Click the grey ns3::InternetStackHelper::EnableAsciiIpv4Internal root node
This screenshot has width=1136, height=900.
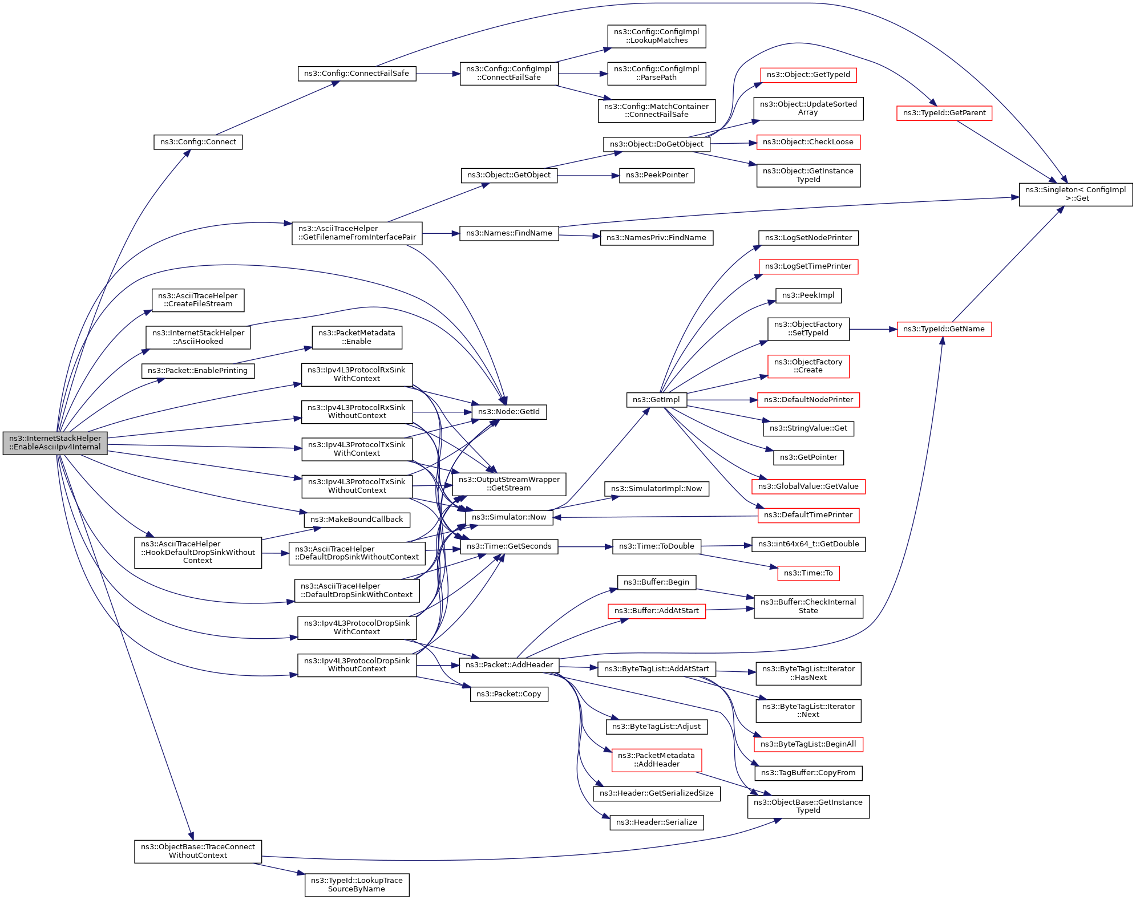pyautogui.click(x=55, y=443)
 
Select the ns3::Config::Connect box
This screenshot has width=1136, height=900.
pyautogui.click(x=198, y=142)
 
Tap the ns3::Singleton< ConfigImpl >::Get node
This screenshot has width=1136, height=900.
pyautogui.click(x=1076, y=194)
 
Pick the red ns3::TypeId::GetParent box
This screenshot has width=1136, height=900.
pyautogui.click(x=944, y=113)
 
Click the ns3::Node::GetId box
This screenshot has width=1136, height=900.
pyautogui.click(x=509, y=412)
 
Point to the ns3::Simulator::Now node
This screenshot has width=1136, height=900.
pyautogui.click(x=509, y=517)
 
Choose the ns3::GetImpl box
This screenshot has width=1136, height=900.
pyautogui.click(x=656, y=400)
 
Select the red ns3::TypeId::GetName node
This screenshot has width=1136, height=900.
pyautogui.click(x=944, y=329)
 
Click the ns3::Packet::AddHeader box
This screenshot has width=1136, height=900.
pyautogui.click(x=509, y=665)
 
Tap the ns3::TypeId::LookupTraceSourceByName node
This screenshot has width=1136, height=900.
pyautogui.click(x=357, y=885)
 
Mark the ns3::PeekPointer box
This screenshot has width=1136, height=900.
pyautogui.click(x=657, y=175)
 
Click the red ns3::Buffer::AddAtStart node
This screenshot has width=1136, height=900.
pyautogui.click(x=656, y=611)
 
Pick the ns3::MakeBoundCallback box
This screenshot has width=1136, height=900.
pyautogui.click(x=357, y=520)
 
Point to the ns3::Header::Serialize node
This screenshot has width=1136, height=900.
pyautogui.click(x=656, y=822)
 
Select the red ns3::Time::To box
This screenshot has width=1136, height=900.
pyautogui.click(x=808, y=573)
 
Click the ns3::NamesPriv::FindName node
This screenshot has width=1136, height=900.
pyautogui.click(x=656, y=238)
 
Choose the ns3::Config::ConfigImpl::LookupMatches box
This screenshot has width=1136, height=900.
pyautogui.click(x=656, y=36)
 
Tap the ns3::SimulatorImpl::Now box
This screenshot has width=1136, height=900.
pyautogui.click(x=656, y=489)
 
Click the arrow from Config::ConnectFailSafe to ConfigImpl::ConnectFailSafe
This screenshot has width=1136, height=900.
pyautogui.click(x=438, y=74)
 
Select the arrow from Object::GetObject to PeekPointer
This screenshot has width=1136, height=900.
pyautogui.click(x=588, y=176)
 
